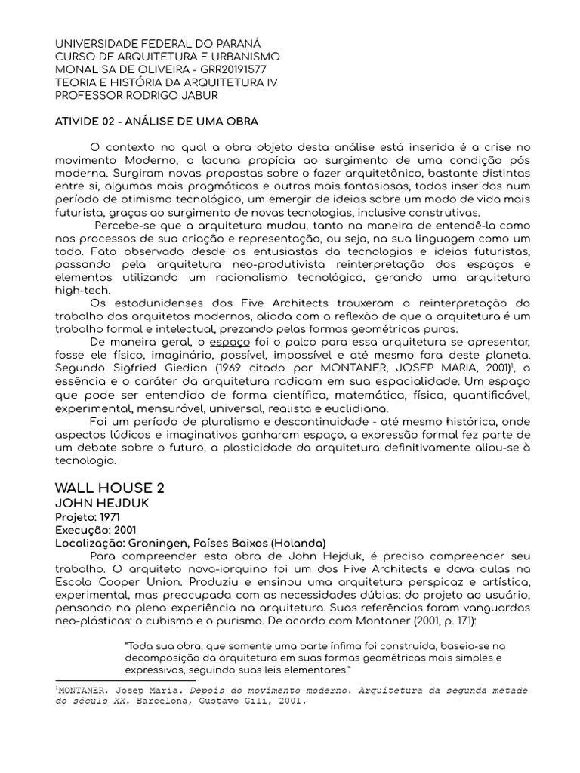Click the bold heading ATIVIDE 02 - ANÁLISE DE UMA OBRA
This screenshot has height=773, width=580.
click(x=157, y=121)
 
